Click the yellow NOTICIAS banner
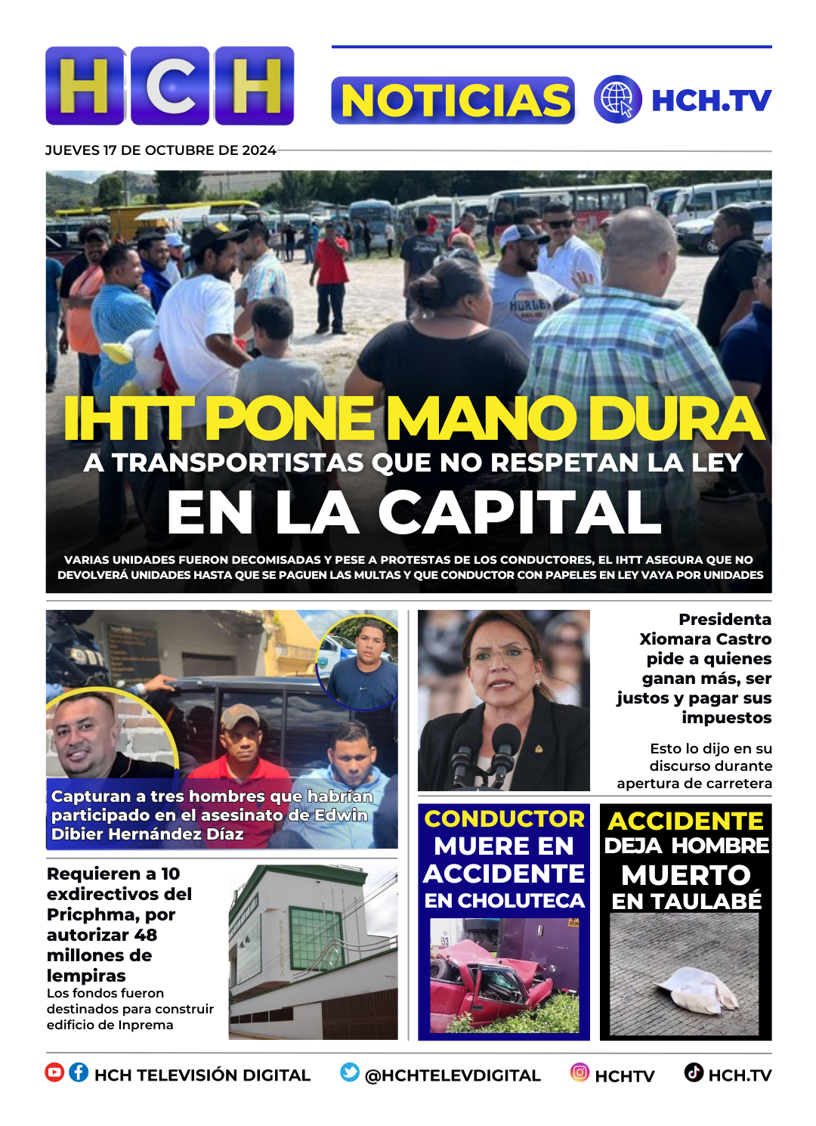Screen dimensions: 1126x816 pos(453,101)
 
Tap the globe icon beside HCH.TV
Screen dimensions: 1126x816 pos(617,100)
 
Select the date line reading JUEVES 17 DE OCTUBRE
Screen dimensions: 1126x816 pos(160,150)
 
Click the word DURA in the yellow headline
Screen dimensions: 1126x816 pos(675,419)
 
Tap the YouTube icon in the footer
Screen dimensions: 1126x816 pos(54,1072)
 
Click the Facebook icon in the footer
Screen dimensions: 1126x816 pos(79,1072)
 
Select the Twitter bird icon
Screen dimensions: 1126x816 pos(350,1072)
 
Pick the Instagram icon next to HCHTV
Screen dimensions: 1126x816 pos(580,1072)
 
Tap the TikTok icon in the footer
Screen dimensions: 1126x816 pos(694,1072)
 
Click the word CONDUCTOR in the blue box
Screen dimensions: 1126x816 pos(504,818)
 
